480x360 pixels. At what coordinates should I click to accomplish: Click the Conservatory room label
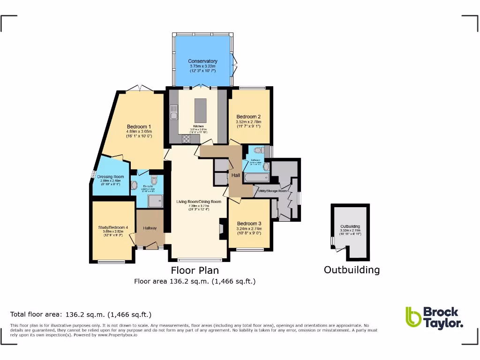202,61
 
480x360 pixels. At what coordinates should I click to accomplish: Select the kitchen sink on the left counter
172,114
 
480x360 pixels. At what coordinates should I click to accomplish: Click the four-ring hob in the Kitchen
186,138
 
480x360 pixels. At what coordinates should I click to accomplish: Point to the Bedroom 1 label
139,127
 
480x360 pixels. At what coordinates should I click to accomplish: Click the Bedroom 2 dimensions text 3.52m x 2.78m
248,122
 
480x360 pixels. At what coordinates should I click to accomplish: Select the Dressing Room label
111,177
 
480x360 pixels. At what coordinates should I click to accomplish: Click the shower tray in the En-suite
155,201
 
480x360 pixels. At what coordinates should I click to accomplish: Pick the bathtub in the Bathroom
256,178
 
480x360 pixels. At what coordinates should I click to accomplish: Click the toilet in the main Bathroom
257,150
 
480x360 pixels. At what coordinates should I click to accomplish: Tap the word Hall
236,175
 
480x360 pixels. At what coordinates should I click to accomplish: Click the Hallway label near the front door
150,228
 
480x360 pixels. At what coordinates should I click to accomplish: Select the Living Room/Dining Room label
199,202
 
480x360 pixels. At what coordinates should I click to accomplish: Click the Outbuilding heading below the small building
352,270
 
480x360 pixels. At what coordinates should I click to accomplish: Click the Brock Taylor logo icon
413,316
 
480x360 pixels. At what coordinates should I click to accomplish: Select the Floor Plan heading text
195,270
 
